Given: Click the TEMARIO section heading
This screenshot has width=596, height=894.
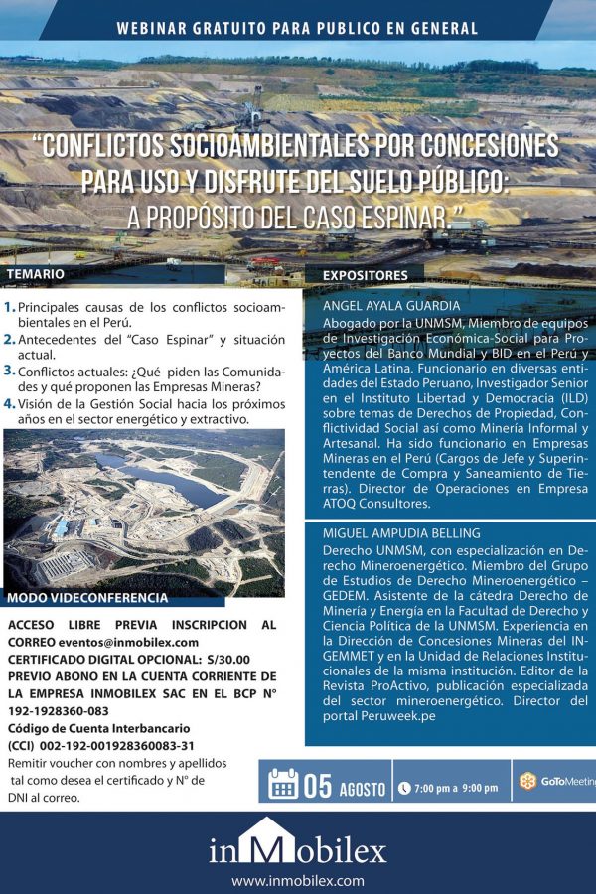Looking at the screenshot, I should click(x=36, y=273).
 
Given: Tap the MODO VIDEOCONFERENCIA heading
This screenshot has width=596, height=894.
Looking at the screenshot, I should click(x=87, y=598).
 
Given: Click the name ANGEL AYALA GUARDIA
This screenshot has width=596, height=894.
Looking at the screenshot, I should click(x=389, y=306).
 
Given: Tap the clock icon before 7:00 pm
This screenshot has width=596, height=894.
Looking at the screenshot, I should click(x=404, y=788).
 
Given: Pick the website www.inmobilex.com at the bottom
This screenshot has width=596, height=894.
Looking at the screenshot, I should click(x=298, y=880).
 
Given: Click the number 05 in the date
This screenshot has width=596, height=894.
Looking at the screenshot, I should click(x=318, y=785).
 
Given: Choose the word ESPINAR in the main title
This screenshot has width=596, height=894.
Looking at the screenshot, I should click(x=397, y=215).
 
